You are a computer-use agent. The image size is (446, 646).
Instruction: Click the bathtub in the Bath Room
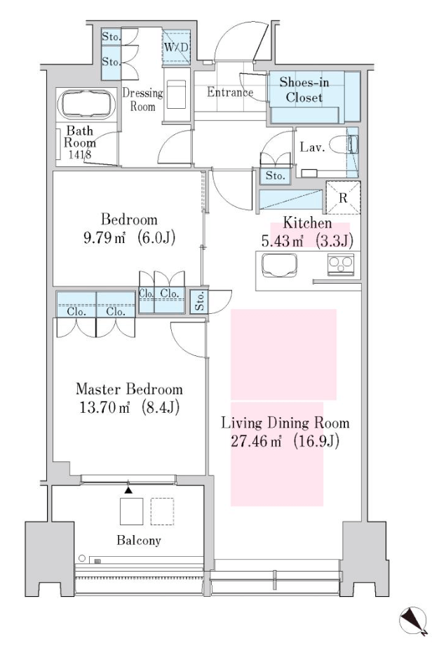coord(86,105)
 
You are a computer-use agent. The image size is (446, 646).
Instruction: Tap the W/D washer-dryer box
coord(176,47)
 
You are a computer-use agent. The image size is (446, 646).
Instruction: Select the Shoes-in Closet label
coord(304,89)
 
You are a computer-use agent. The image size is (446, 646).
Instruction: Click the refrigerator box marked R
coord(343,197)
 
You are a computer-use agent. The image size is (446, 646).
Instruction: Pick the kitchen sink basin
coord(279,265)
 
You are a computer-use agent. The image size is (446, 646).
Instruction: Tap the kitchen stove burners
coord(340,264)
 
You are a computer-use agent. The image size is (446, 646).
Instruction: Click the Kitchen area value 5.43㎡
coord(282,241)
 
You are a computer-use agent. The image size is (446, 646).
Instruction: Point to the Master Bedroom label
coord(129,389)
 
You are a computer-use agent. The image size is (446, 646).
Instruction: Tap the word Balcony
coord(139,540)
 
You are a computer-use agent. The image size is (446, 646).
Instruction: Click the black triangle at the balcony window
coord(129,490)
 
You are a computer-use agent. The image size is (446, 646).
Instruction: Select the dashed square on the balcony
coord(162,511)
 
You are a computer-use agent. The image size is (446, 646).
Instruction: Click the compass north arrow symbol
coord(414,621)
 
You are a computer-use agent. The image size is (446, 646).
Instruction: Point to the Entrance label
coord(229,92)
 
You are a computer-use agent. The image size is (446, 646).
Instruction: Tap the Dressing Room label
coord(143,100)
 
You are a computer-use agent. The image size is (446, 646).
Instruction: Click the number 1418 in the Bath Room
coord(80,155)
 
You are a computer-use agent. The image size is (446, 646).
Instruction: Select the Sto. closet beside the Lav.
coord(276,176)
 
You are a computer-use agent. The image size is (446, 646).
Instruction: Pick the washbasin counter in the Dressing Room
coord(177,94)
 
